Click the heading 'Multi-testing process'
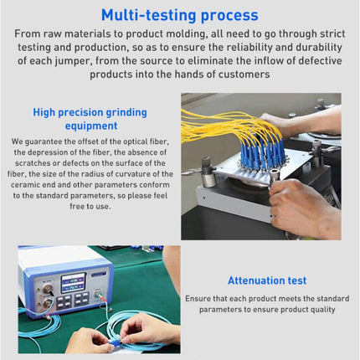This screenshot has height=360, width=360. tap(179, 15)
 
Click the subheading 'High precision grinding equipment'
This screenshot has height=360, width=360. tap(90, 118)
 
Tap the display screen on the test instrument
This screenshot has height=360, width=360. tap(73, 283)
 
